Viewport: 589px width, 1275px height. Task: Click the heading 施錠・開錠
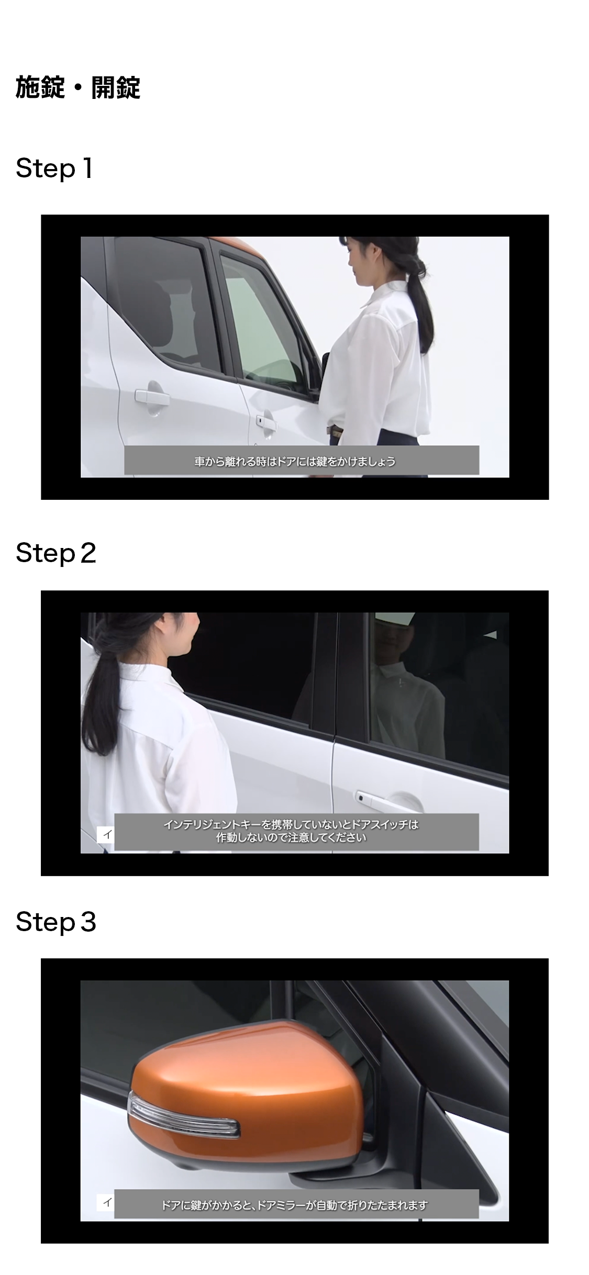tap(78, 87)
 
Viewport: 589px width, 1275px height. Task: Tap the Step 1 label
tap(54, 169)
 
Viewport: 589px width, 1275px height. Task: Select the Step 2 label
tap(56, 553)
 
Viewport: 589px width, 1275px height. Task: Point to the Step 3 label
tap(56, 921)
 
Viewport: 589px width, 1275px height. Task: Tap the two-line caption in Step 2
tap(291, 831)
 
